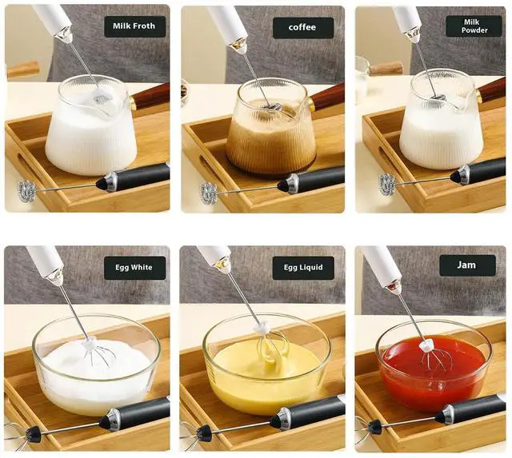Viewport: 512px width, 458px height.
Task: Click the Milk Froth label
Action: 134,26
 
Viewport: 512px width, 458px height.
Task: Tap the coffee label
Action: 303,28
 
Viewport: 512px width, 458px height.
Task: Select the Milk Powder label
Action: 474,26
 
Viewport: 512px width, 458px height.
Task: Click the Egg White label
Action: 134,268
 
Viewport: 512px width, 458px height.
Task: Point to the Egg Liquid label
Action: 303,268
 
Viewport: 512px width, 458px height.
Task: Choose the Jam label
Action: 467,265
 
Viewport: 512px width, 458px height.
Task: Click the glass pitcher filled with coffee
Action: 272,127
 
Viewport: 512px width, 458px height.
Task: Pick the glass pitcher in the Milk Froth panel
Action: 91,125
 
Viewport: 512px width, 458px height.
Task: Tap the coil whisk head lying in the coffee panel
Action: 209,193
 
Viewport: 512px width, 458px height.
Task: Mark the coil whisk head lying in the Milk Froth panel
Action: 26,192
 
